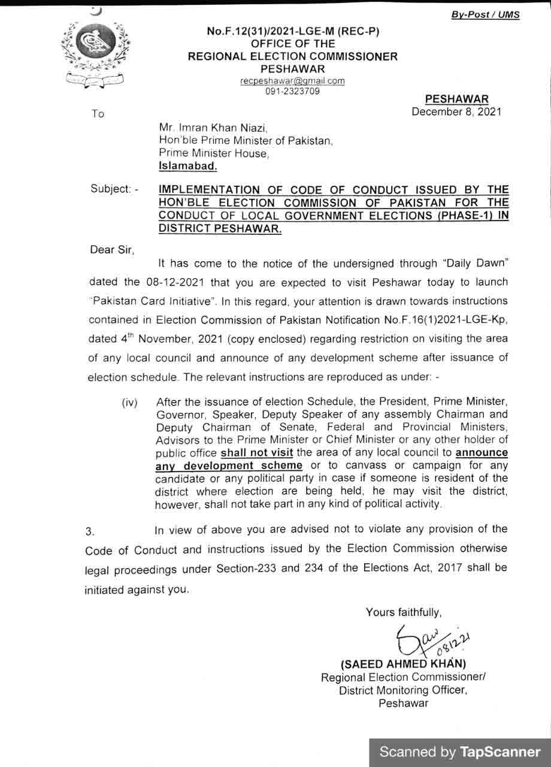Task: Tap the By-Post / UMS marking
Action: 485,15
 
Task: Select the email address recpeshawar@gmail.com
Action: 292,81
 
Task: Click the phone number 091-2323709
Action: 292,91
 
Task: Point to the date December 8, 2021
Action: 456,111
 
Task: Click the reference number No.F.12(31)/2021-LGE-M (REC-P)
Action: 293,31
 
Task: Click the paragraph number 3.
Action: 90,532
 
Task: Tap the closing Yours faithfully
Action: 404,612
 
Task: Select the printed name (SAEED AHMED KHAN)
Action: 402,664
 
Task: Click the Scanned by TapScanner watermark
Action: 460,751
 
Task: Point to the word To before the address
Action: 98,114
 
